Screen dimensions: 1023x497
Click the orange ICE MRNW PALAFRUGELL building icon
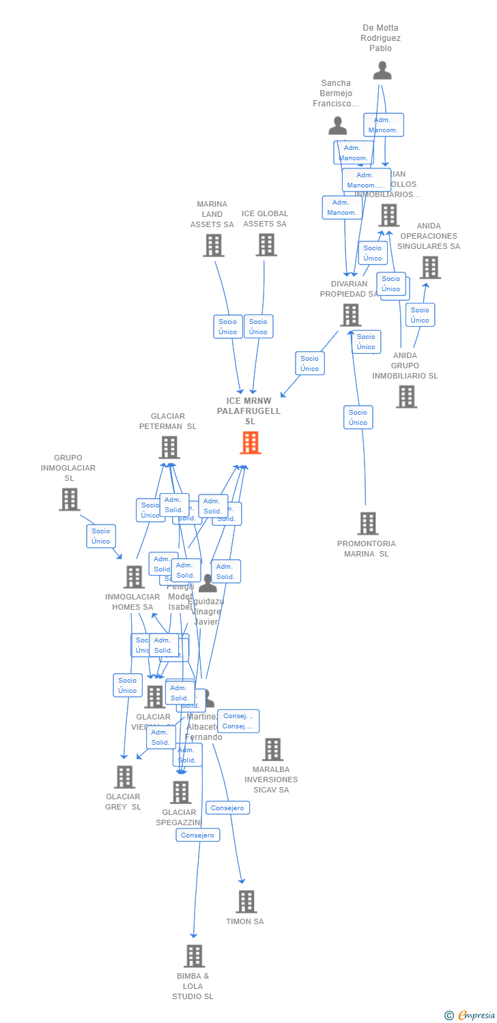(x=251, y=443)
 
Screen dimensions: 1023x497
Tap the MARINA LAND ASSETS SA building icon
(x=214, y=246)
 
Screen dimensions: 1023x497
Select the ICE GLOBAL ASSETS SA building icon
(x=266, y=245)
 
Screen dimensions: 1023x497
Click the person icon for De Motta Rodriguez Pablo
(x=382, y=70)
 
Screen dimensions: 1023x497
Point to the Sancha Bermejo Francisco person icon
(x=338, y=125)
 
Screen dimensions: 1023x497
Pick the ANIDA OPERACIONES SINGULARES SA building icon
(x=430, y=267)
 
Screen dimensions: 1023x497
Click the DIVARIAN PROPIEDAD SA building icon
(x=351, y=315)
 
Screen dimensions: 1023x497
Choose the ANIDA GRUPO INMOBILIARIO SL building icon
(x=406, y=396)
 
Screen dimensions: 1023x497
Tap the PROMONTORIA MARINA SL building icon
(x=368, y=523)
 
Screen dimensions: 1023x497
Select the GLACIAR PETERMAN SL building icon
(x=169, y=447)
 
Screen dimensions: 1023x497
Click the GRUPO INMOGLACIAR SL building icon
(x=69, y=499)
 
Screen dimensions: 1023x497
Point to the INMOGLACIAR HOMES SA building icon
(x=134, y=577)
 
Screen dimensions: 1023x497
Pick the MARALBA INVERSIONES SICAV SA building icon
(x=272, y=750)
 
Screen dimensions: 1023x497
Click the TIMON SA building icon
(x=246, y=902)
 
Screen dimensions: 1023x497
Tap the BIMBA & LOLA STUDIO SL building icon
(x=194, y=956)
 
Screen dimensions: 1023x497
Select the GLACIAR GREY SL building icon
(x=124, y=777)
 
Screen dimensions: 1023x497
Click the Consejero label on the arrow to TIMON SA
(x=228, y=807)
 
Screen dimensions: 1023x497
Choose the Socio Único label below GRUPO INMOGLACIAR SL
(x=101, y=536)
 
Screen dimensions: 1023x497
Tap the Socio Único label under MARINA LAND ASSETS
(x=227, y=327)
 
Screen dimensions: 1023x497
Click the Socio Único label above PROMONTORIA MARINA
(x=358, y=417)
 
